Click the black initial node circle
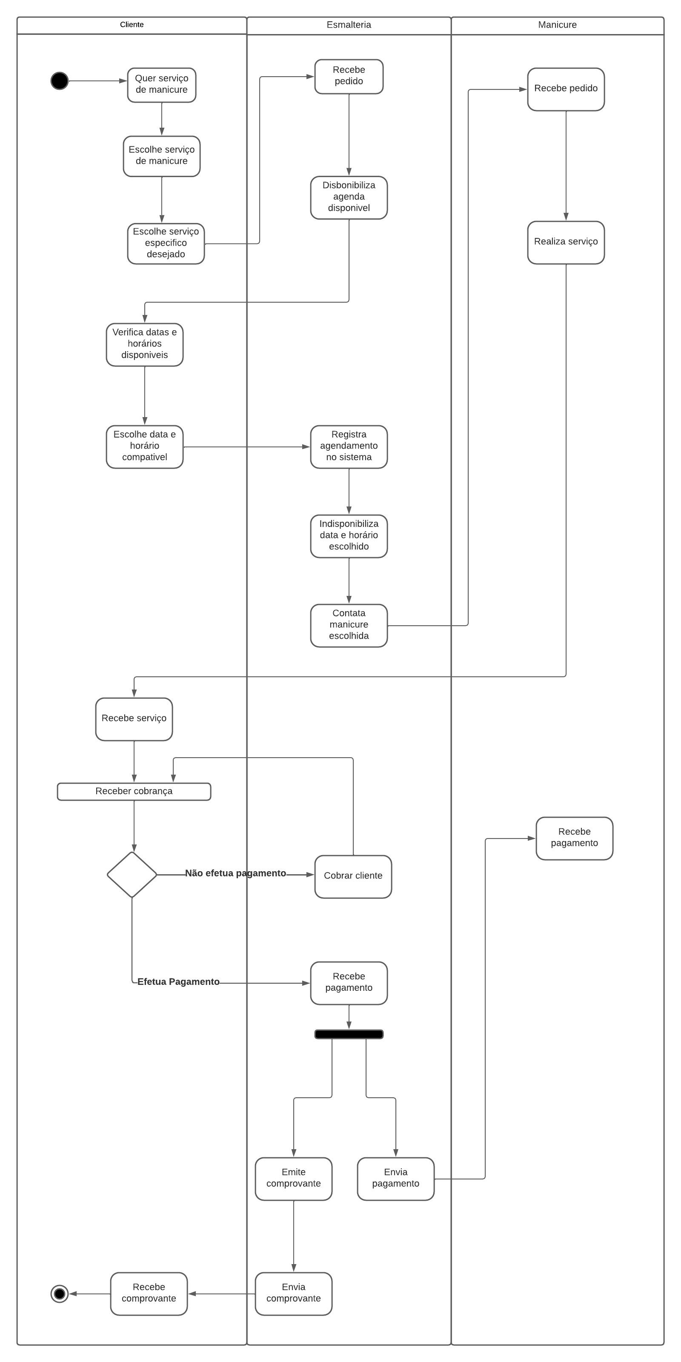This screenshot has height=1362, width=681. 59,81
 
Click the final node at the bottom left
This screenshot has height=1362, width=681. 59,1294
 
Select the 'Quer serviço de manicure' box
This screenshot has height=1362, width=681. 161,85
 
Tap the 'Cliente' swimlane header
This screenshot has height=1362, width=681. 132,25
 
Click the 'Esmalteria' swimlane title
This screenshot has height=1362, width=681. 349,25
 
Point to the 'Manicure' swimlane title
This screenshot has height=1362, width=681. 557,25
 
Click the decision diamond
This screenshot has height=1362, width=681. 132,875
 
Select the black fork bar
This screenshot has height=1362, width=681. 349,1034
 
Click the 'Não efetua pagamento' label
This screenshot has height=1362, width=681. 235,873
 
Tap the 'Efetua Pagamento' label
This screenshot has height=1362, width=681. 178,982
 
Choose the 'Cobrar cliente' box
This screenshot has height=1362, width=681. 353,876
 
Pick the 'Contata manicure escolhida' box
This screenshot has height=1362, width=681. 349,625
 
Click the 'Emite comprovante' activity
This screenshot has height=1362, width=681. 293,1179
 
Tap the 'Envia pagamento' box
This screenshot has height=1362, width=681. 395,1179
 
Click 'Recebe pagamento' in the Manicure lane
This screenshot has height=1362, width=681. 574,838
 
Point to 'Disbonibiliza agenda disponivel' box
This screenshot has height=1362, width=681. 349,197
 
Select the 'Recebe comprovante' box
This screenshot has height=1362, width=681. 149,1293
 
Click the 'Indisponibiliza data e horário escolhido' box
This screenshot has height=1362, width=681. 349,535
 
